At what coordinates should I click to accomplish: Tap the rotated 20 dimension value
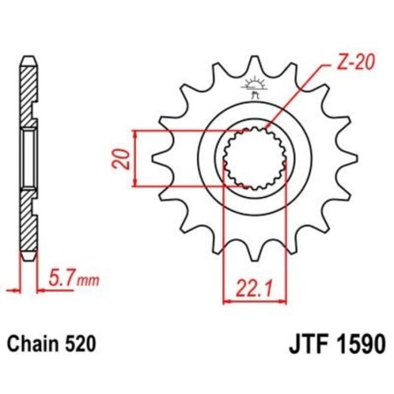click(x=126, y=158)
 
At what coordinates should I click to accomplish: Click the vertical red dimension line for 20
click(x=136, y=158)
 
